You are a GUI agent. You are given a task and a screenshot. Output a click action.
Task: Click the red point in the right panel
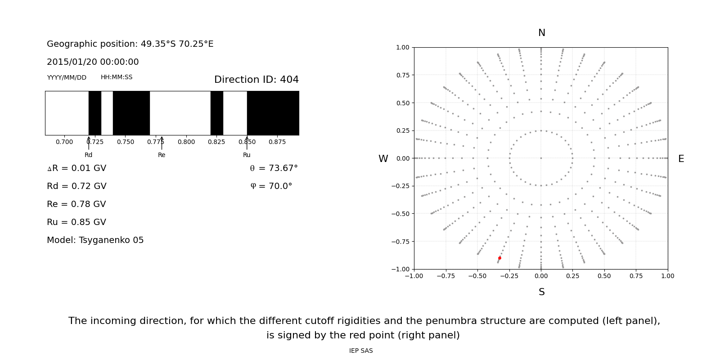click(x=499, y=258)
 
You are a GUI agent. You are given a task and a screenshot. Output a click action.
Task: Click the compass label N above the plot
click(x=541, y=33)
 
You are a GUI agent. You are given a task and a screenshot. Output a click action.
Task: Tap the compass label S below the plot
click(x=541, y=292)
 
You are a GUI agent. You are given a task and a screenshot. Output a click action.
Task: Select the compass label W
click(x=383, y=159)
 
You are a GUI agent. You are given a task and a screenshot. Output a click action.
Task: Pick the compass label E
click(x=681, y=159)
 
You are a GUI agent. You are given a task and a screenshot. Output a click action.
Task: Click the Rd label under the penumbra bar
click(x=89, y=155)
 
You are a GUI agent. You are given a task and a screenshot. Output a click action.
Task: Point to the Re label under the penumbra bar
click(x=162, y=155)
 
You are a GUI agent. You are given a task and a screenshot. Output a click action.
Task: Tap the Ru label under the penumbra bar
click(x=247, y=155)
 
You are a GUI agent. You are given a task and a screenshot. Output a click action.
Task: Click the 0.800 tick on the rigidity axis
click(x=186, y=142)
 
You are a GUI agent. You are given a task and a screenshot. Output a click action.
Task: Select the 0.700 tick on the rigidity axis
click(x=64, y=142)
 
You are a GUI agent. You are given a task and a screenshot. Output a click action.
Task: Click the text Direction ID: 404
click(x=256, y=80)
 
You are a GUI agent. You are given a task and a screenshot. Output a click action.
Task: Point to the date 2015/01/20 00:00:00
click(x=93, y=62)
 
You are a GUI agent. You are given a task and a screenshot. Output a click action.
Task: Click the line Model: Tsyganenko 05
click(x=95, y=240)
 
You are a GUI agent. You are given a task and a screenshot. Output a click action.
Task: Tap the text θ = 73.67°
click(x=274, y=168)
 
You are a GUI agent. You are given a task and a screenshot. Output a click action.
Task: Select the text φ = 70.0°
click(x=271, y=186)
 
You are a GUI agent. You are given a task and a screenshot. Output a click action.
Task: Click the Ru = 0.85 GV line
click(x=76, y=222)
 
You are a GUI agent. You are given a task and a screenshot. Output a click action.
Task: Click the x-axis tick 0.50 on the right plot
click(x=604, y=276)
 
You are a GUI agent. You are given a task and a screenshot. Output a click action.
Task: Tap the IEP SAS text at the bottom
click(x=361, y=351)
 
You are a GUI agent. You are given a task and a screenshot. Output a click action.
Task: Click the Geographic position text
click(x=130, y=44)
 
